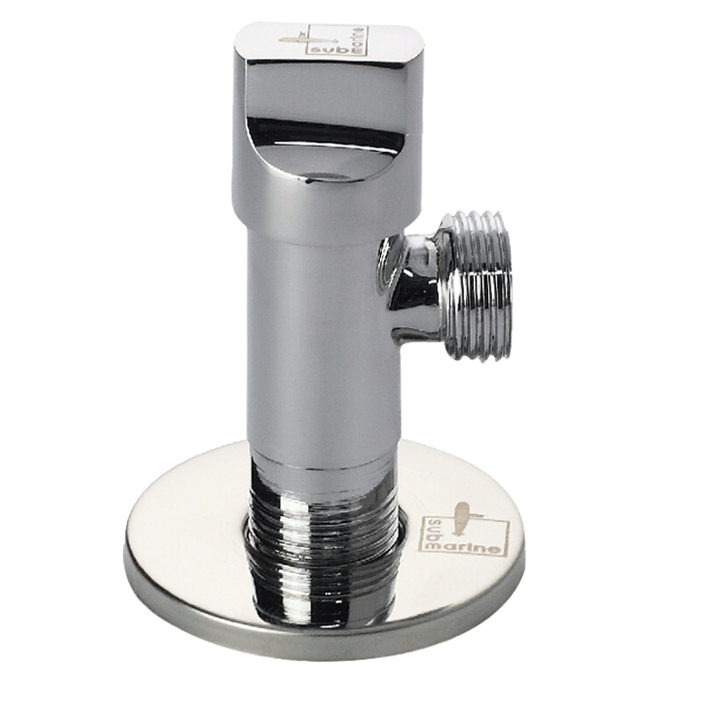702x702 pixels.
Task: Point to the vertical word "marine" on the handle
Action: coord(359,41)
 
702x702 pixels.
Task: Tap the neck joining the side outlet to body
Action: coord(410,287)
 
